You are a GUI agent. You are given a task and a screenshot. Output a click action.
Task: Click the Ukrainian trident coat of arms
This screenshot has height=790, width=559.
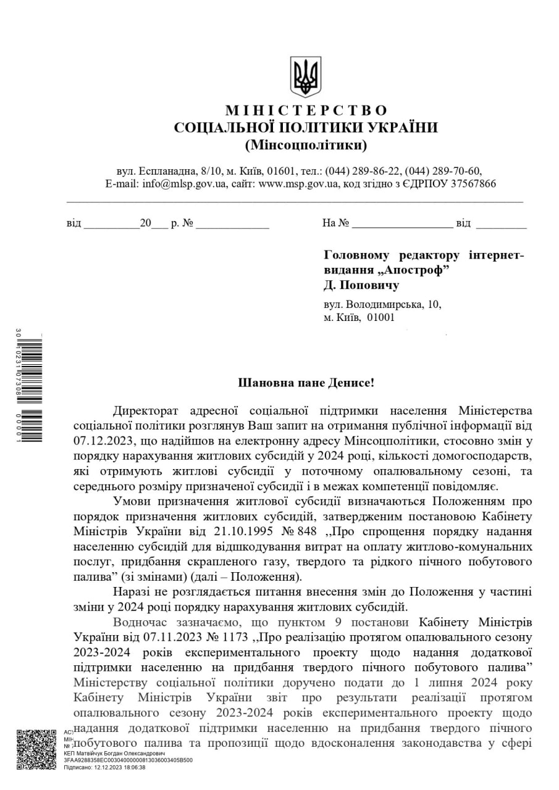click(x=306, y=77)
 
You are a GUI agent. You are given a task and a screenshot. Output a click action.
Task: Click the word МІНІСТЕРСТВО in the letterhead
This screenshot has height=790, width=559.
click(x=306, y=110)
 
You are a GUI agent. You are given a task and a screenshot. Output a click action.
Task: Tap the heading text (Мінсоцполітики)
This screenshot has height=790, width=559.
click(x=306, y=146)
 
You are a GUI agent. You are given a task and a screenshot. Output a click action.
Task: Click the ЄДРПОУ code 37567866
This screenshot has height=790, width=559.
click(x=472, y=184)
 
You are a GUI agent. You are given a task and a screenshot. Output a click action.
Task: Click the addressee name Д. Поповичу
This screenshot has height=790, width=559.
click(x=361, y=285)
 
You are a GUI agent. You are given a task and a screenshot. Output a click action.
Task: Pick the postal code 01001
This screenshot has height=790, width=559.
click(x=380, y=317)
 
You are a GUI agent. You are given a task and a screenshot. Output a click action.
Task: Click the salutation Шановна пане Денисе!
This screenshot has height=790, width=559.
click(x=306, y=383)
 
